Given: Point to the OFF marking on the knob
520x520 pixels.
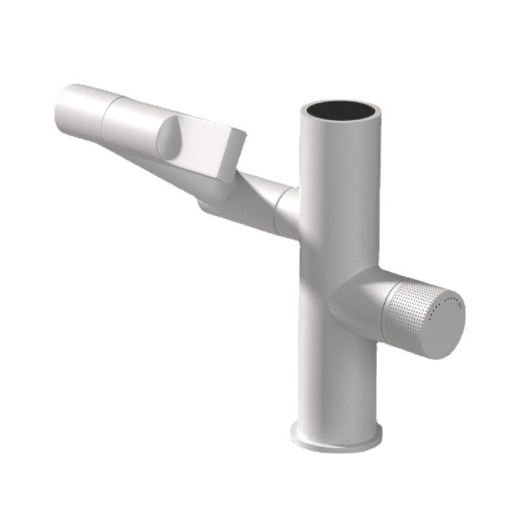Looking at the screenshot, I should pyautogui.click(x=460, y=304).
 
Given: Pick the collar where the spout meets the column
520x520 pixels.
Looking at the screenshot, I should pyautogui.click(x=286, y=211).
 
